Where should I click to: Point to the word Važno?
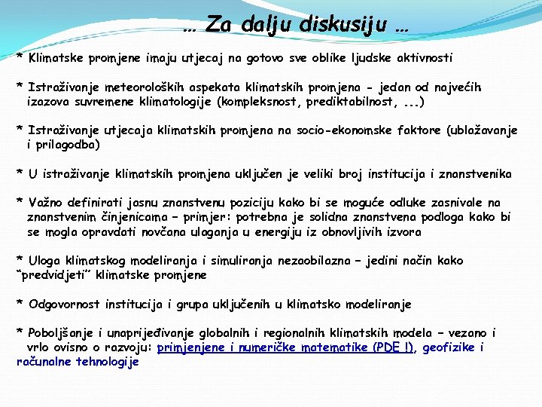pos(46,203)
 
